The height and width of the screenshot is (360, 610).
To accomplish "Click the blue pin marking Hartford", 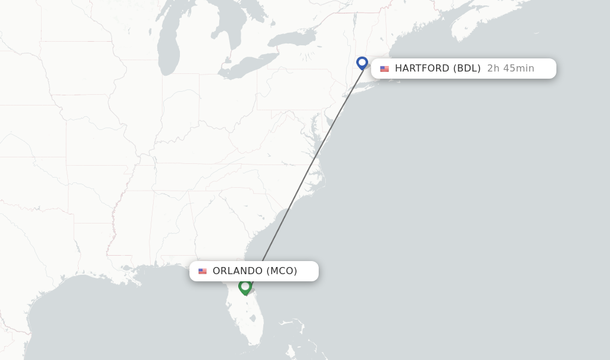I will click(362, 63).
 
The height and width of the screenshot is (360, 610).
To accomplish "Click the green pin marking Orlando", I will click(245, 287).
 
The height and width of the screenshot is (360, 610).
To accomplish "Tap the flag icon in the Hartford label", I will click(384, 69).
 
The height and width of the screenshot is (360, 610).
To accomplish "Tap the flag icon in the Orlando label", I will click(203, 271).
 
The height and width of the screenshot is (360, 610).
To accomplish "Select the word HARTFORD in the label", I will click(422, 69).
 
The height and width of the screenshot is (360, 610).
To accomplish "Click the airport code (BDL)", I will click(467, 69).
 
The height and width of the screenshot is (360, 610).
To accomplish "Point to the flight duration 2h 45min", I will click(511, 69).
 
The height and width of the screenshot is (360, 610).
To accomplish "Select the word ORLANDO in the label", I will click(237, 271).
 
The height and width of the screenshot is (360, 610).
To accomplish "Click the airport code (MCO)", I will click(282, 271).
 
